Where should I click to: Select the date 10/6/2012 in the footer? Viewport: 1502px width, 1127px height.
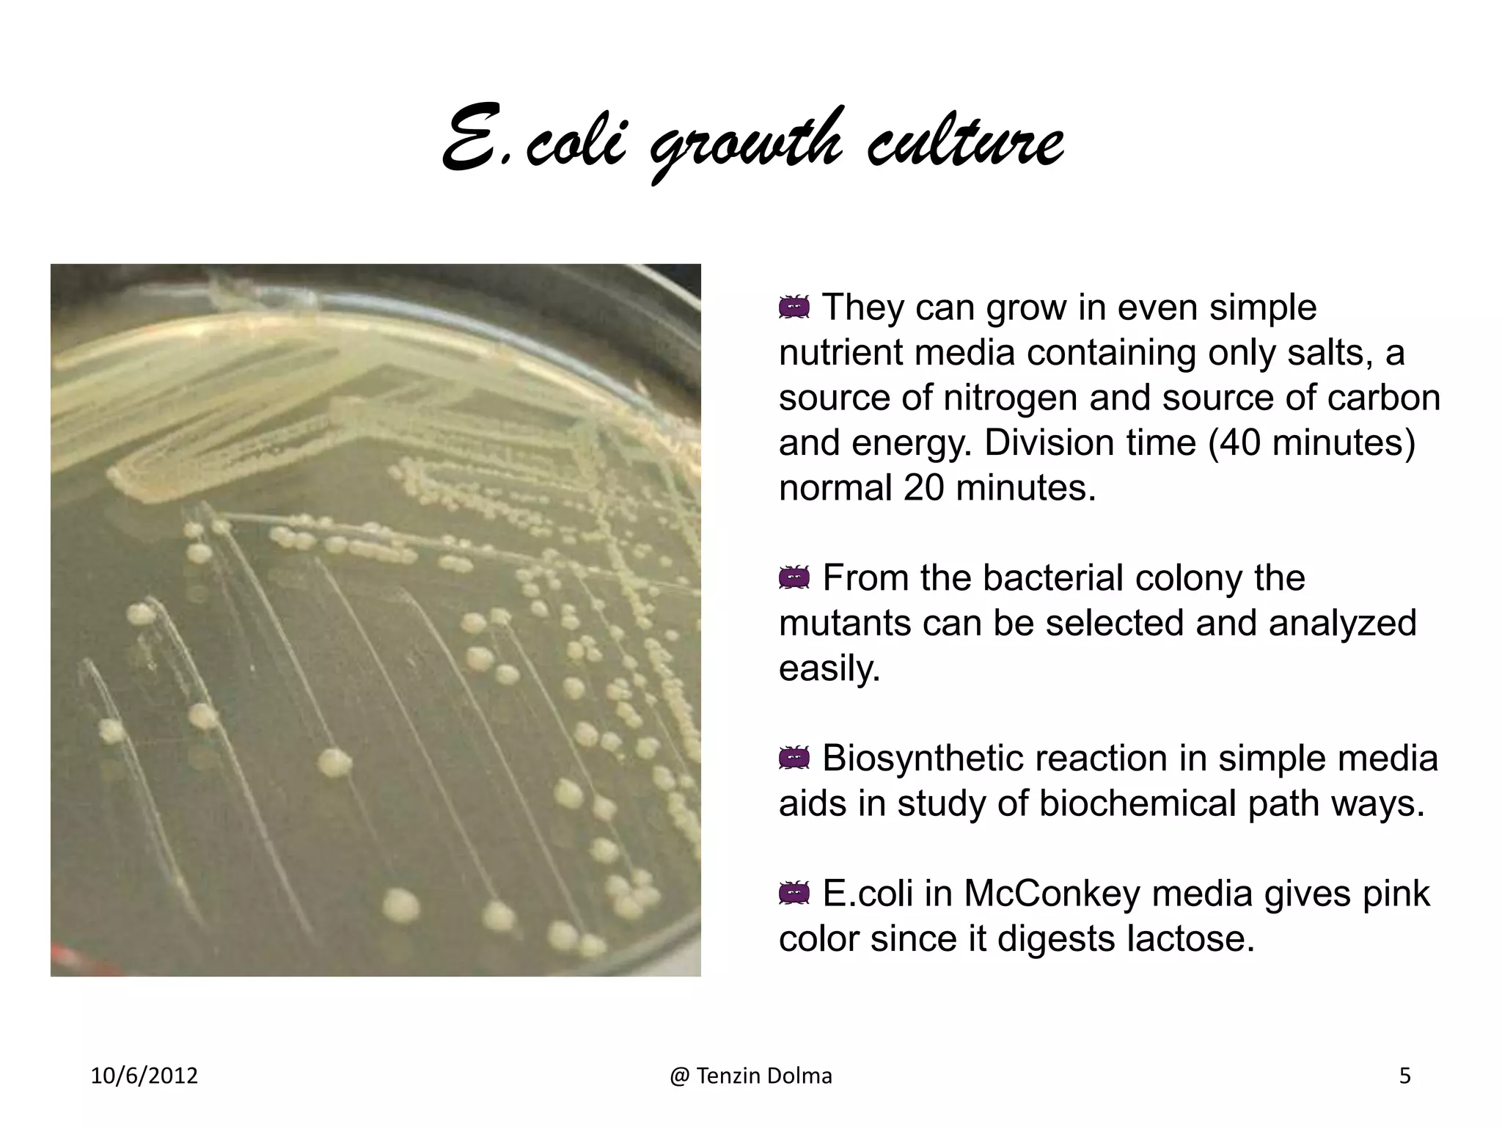[x=144, y=1076]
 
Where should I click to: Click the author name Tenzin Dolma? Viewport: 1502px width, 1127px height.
[x=763, y=1076]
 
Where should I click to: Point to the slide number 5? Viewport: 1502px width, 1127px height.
[x=1405, y=1076]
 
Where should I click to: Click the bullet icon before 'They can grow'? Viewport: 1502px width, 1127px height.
[x=794, y=307]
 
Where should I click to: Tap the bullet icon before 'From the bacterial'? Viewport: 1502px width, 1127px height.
[x=794, y=578]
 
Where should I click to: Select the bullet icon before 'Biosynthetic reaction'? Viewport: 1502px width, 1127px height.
[x=794, y=759]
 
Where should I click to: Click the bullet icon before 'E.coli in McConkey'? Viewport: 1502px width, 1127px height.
[x=794, y=894]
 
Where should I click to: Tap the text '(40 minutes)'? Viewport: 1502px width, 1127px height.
[x=1311, y=443]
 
